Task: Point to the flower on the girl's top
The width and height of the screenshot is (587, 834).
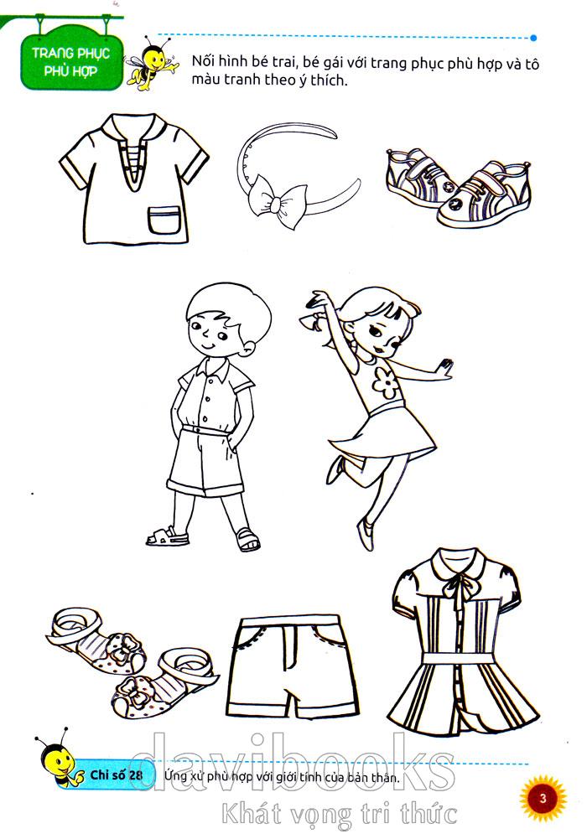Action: pyautogui.click(x=386, y=382)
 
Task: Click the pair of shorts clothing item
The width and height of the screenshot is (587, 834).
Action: pyautogui.click(x=291, y=666)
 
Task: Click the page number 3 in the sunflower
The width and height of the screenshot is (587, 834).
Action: pyautogui.click(x=543, y=798)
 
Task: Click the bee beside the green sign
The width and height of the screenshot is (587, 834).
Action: pyautogui.click(x=151, y=63)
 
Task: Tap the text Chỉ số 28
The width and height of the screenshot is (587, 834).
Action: pyautogui.click(x=116, y=774)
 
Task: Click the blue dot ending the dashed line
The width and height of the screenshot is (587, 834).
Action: pyautogui.click(x=533, y=38)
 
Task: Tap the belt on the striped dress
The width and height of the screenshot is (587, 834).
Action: pyautogui.click(x=461, y=658)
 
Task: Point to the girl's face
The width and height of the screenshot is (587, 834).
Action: pyautogui.click(x=379, y=334)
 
